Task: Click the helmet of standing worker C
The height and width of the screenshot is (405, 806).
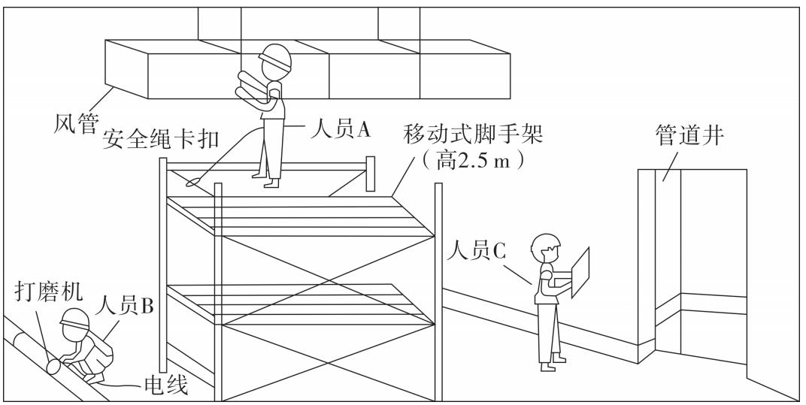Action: [546, 242]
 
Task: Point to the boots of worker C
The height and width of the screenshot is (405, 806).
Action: [551, 365]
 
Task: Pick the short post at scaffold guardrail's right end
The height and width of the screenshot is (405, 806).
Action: [370, 174]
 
